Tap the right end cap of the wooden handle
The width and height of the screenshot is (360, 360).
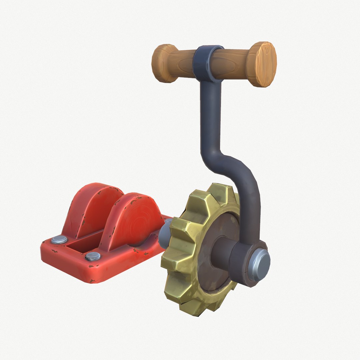tap(263, 64)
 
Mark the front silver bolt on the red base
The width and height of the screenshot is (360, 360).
tap(92, 256)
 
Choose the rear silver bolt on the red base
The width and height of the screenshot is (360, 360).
tap(59, 239)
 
